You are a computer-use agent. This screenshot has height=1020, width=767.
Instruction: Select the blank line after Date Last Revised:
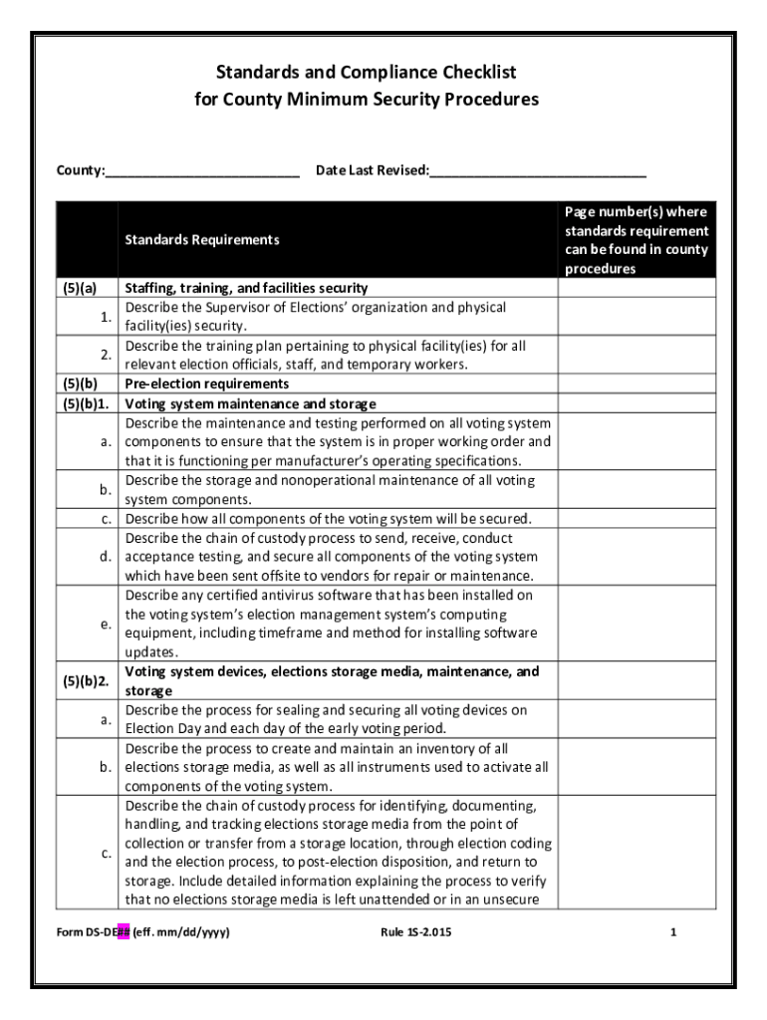coord(538,171)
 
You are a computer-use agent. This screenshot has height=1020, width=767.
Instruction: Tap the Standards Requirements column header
coord(202,240)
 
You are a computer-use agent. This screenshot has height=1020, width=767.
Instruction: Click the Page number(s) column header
coord(636,240)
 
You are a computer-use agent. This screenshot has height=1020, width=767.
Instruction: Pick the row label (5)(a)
coord(82,288)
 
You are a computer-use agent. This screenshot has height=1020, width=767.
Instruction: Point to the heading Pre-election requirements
coord(206,384)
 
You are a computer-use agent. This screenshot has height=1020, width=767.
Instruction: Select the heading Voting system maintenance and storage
coord(250,403)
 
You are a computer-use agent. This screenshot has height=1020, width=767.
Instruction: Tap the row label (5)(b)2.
coord(86,681)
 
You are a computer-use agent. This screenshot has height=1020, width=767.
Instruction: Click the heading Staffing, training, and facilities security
coord(246,288)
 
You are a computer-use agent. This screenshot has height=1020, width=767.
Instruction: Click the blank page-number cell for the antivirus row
coord(636,624)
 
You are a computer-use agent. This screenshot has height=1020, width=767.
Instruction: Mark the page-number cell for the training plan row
coord(636,356)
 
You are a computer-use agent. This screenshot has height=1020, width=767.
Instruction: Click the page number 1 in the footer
coord(673,933)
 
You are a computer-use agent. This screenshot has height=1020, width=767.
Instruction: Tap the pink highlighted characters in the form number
coord(124,933)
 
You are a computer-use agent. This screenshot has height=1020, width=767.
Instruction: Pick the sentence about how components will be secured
coord(328,519)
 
